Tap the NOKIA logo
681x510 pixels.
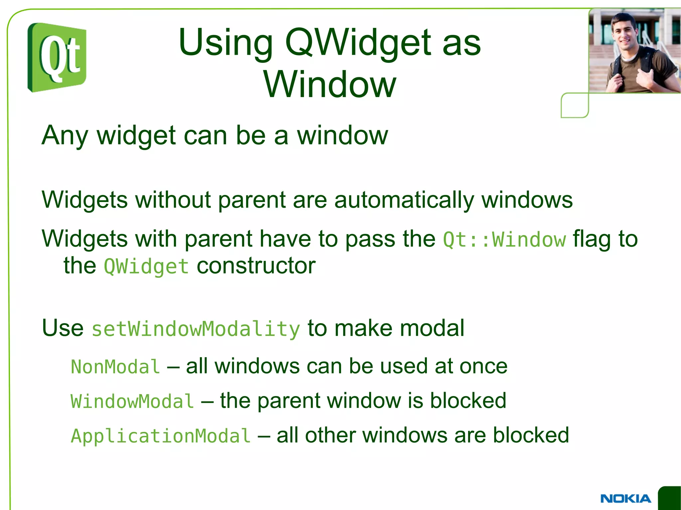point(625,498)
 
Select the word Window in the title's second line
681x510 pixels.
point(330,85)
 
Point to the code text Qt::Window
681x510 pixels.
point(504,240)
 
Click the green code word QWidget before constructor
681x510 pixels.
point(146,266)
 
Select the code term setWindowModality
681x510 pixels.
point(196,329)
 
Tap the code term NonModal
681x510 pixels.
point(115,367)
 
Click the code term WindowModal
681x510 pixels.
point(132,401)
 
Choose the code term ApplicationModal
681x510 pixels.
point(161,436)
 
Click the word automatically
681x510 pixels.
point(404,200)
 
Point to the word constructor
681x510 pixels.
point(256,266)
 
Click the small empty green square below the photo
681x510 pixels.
point(575,105)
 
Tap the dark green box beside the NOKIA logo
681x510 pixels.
point(670,498)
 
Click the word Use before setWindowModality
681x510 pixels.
point(63,328)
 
